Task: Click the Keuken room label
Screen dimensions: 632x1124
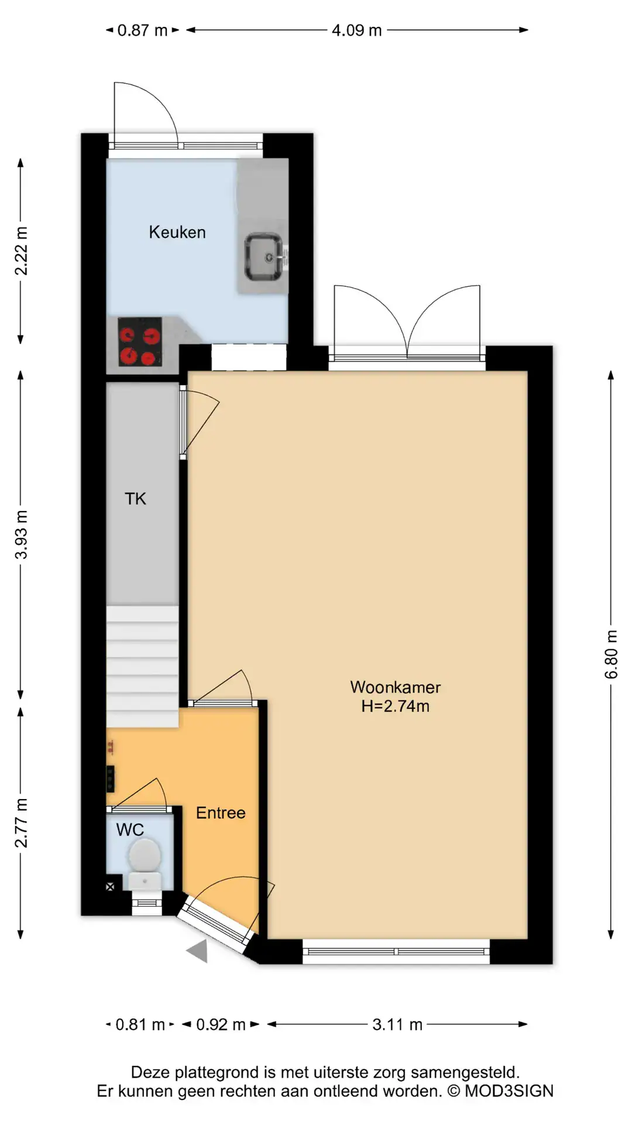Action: (x=177, y=232)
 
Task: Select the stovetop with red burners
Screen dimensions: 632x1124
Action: (x=140, y=342)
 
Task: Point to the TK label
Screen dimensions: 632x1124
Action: (x=135, y=499)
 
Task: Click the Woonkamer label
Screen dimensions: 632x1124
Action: (x=396, y=687)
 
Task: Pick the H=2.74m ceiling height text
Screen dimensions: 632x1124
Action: (x=396, y=706)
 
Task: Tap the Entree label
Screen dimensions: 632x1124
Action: (x=221, y=813)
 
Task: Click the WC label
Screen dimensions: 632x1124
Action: (x=130, y=830)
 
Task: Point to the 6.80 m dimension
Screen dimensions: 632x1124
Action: (x=611, y=654)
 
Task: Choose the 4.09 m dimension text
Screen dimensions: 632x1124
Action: (x=356, y=30)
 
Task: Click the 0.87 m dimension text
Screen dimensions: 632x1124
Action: (x=142, y=30)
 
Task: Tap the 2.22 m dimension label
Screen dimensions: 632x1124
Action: (x=21, y=251)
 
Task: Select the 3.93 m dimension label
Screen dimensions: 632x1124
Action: (x=21, y=535)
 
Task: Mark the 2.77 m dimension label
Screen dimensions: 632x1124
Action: (x=21, y=823)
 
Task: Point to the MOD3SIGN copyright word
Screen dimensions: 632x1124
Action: (x=509, y=1091)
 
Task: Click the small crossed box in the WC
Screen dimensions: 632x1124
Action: (x=110, y=887)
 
